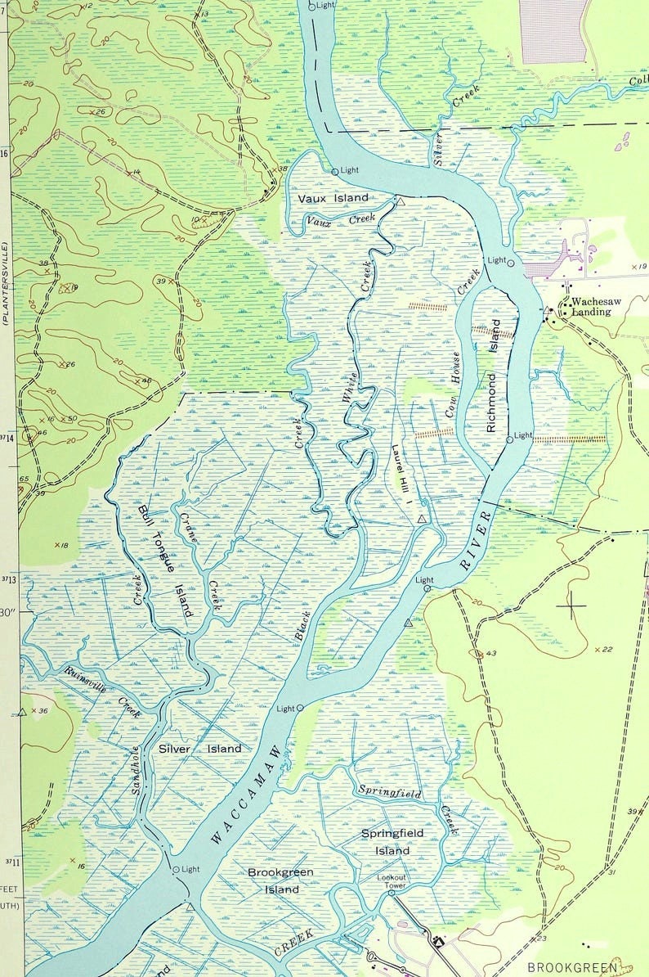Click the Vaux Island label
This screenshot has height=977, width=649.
pyautogui.click(x=333, y=198)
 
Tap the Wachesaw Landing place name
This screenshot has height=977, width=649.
pyautogui.click(x=595, y=307)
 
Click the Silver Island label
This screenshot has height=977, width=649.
pyautogui.click(x=200, y=749)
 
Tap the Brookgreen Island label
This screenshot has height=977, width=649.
pyautogui.click(x=280, y=880)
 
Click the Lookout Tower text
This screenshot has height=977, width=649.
pyautogui.click(x=391, y=881)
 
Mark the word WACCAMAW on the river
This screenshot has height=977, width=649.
pyautogui.click(x=245, y=794)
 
